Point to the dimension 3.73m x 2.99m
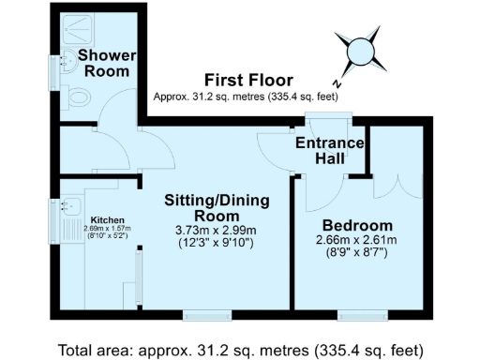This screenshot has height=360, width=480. pyautogui.click(x=217, y=231)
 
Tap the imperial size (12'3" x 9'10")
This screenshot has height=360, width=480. pyautogui.click(x=217, y=245)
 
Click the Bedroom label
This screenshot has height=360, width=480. pyautogui.click(x=356, y=226)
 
